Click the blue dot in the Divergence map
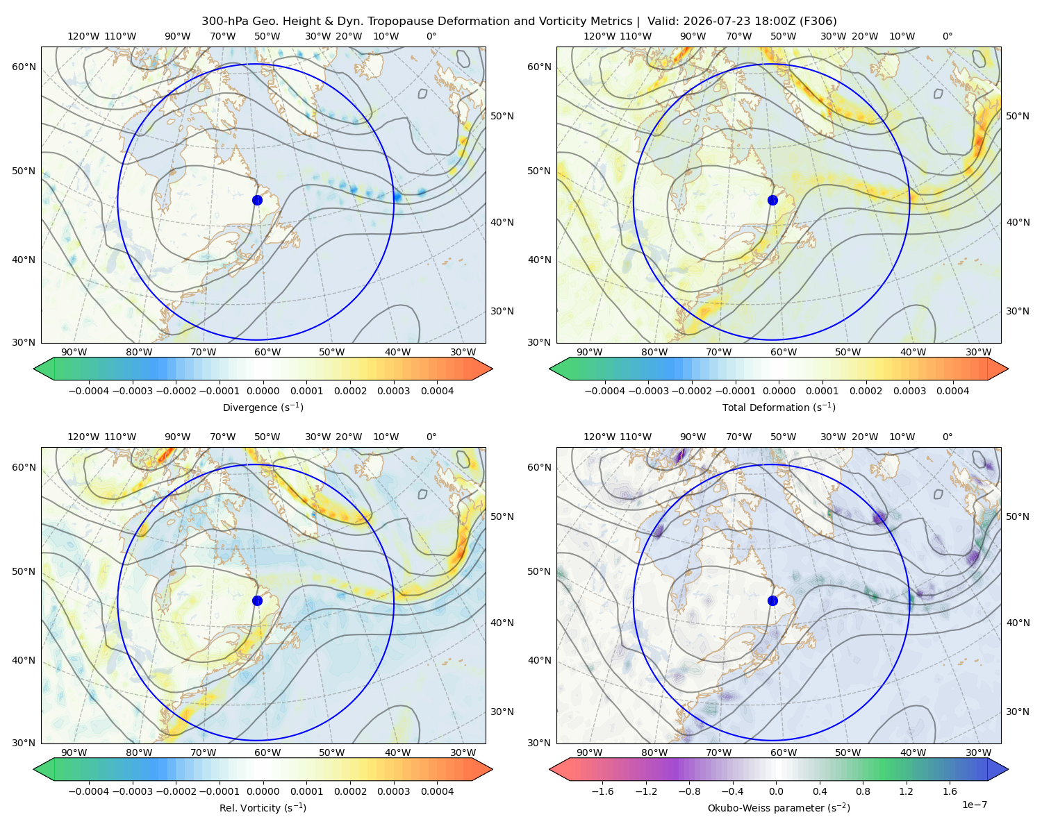tap(257, 200)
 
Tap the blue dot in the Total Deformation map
tap(772, 200)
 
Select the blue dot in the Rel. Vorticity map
tap(257, 600)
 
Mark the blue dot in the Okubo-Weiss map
tap(772, 600)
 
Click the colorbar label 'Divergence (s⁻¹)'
tap(263, 407)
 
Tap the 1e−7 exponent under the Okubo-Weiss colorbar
tap(974, 805)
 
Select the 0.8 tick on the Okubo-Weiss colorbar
tap(863, 791)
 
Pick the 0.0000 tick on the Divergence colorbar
tap(263, 391)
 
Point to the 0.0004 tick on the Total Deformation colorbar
tap(952, 391)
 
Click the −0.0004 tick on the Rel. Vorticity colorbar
tap(89, 791)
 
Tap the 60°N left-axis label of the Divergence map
tap(24, 67)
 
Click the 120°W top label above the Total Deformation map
tap(599, 36)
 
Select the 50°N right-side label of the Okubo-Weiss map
tap(1017, 516)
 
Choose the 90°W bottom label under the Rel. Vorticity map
tap(74, 752)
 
